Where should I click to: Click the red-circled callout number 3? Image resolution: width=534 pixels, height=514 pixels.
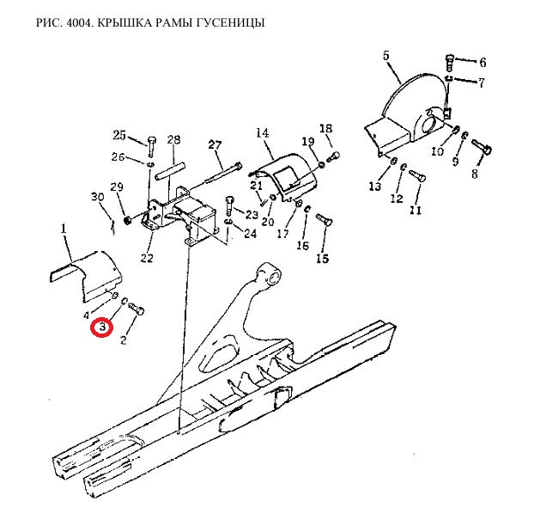point(102,327)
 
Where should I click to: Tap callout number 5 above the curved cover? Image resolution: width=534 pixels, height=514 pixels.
point(385,55)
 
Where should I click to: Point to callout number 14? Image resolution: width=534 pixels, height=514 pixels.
point(262,132)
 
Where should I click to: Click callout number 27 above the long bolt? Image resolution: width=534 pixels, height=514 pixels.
point(215,145)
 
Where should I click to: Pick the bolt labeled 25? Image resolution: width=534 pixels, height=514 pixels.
point(152,145)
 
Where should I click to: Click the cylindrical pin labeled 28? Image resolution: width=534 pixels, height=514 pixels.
point(170,173)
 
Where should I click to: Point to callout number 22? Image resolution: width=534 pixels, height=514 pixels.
point(147,258)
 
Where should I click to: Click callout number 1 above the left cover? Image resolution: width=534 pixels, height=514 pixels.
point(64,229)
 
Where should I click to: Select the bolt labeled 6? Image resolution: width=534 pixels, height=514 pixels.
point(449,63)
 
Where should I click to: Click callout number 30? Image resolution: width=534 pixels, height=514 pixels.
point(97,197)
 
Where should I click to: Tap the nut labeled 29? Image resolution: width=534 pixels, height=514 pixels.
point(127,220)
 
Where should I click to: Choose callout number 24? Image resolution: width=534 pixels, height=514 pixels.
point(251,233)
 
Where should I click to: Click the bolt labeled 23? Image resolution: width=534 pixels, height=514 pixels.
point(229,205)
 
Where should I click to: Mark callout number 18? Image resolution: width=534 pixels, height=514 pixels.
point(326,129)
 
